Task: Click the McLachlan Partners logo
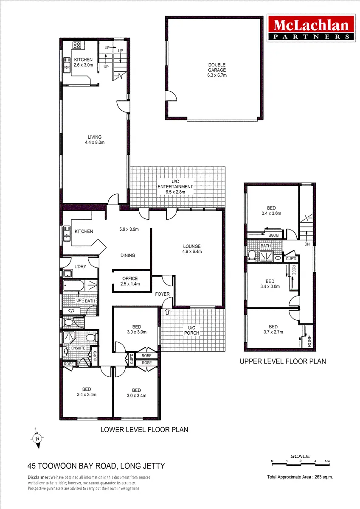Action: click(x=311, y=28)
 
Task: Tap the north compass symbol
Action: click(x=37, y=438)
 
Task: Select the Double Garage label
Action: click(x=217, y=70)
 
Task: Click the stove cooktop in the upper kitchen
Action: click(x=77, y=45)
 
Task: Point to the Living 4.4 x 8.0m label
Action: click(x=95, y=140)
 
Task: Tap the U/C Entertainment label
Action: click(x=175, y=187)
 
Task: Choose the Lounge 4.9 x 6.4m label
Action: click(x=192, y=249)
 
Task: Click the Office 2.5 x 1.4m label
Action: click(x=130, y=281)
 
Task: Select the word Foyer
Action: click(x=162, y=294)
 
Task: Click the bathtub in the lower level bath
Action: click(x=73, y=285)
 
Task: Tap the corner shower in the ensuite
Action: click(x=69, y=338)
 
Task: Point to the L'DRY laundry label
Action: click(x=80, y=266)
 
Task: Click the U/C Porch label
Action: click(x=192, y=330)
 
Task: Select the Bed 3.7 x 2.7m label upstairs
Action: click(x=273, y=329)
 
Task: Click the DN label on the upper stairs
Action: click(x=307, y=244)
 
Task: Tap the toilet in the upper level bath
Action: click(x=252, y=255)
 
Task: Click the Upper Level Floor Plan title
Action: click(x=283, y=361)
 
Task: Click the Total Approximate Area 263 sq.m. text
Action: click(x=300, y=477)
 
